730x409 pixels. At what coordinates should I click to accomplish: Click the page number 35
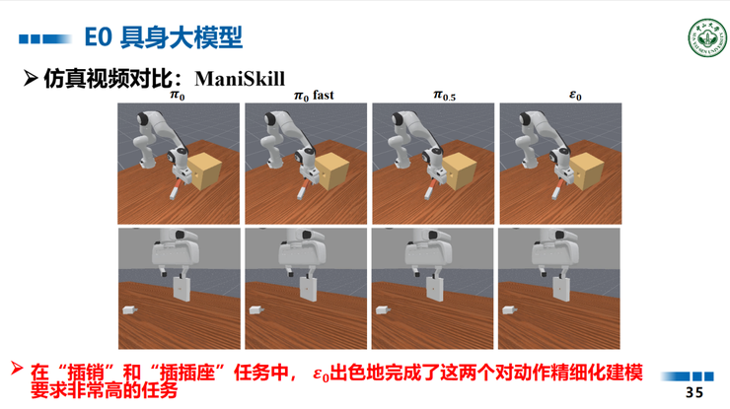coord(694,392)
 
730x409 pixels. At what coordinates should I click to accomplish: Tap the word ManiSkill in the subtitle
coord(240,78)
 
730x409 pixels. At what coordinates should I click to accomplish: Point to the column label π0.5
coord(444,96)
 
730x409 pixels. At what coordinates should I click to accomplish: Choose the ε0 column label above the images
coord(575,96)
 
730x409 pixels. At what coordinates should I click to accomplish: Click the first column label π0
coord(178,96)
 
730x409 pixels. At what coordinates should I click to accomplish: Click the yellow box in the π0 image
coord(208,170)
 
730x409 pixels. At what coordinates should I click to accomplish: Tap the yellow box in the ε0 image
coord(588,170)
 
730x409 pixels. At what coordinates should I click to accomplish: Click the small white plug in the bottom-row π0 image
coord(129,310)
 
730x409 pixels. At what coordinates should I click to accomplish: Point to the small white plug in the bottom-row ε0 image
coord(510,310)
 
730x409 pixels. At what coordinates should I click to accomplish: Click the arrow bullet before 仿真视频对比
coord(31,78)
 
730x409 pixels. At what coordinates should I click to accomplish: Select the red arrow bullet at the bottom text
coord(17,370)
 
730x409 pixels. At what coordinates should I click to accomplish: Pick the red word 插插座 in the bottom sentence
coord(175,374)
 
